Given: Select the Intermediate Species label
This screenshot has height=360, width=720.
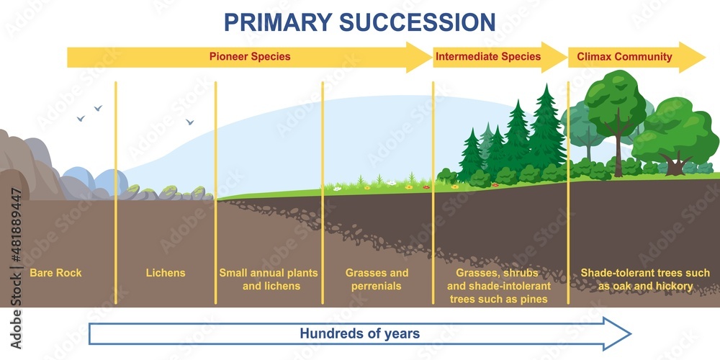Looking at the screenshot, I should [488, 56].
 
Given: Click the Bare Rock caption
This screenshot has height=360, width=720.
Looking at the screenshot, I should [55, 273].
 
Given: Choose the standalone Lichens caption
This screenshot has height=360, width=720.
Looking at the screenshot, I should [165, 273].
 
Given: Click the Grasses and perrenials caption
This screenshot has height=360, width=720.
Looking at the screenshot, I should [377, 279].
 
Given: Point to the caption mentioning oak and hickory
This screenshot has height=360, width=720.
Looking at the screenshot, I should [645, 279].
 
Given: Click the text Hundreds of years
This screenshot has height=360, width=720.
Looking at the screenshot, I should [359, 333].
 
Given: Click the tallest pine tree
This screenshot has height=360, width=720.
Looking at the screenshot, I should [546, 130].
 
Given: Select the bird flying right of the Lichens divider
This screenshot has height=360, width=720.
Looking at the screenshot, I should [190, 122].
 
